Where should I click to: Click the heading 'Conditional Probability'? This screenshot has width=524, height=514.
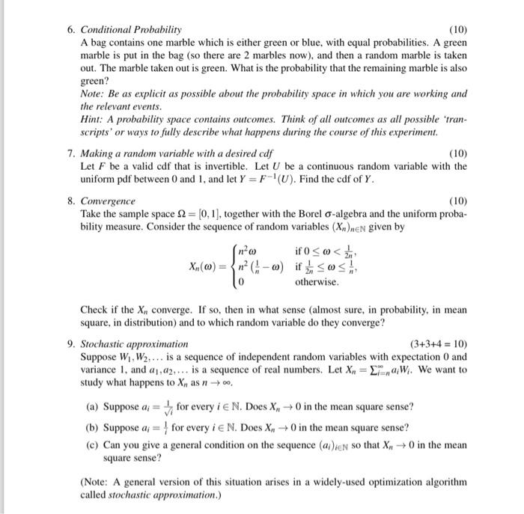tap(131, 30)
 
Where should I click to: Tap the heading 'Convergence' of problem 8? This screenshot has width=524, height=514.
tap(108, 201)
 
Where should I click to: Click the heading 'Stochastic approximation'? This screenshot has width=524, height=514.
tap(129, 344)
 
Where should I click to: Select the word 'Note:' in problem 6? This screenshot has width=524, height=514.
tap(92, 94)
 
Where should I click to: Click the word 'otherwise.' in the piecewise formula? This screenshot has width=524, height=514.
tap(317, 283)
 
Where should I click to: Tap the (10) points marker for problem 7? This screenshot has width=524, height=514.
tap(457, 153)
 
